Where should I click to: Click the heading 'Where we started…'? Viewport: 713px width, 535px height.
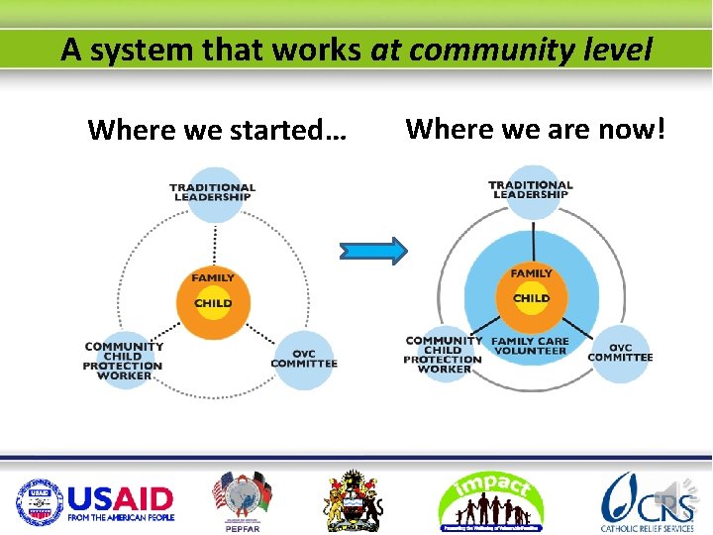tap(217, 130)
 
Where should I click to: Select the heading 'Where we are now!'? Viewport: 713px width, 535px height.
tap(536, 128)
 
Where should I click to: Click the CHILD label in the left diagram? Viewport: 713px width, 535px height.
tap(213, 303)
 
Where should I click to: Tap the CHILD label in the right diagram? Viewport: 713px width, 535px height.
tap(532, 297)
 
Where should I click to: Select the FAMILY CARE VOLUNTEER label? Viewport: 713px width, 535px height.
tap(531, 346)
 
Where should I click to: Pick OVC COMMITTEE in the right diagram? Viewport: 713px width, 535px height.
tap(621, 353)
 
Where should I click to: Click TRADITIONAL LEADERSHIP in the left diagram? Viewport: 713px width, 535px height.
tap(212, 192)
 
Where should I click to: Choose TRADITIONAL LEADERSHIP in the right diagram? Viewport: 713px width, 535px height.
tap(531, 189)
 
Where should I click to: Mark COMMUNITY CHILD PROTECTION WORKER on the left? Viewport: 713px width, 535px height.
tap(124, 361)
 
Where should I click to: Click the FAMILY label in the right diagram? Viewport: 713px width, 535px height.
tap(532, 273)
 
